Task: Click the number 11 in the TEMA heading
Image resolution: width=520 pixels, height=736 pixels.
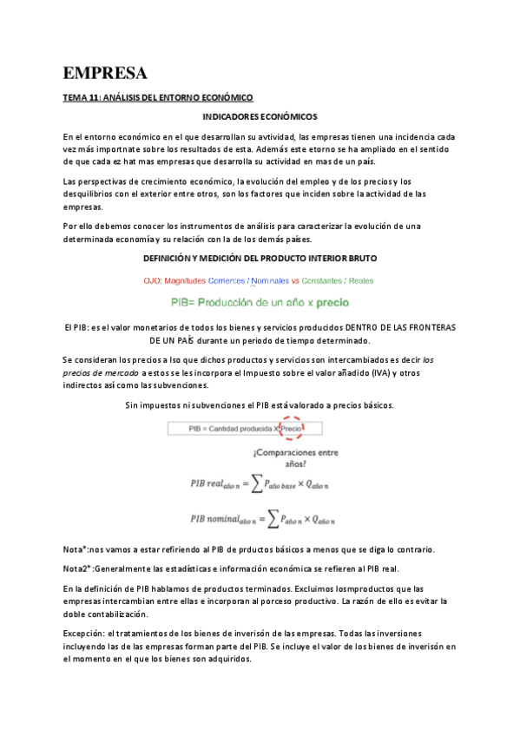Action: [x=95, y=98]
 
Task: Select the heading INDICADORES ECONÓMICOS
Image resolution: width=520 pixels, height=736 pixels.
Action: [x=260, y=116]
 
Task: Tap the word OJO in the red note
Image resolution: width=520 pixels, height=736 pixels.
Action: [x=154, y=280]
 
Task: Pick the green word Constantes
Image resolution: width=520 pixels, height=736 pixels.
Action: [x=323, y=280]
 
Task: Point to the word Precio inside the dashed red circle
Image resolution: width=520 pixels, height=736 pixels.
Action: [x=293, y=428]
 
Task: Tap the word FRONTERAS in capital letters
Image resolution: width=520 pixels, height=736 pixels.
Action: [x=427, y=326]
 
